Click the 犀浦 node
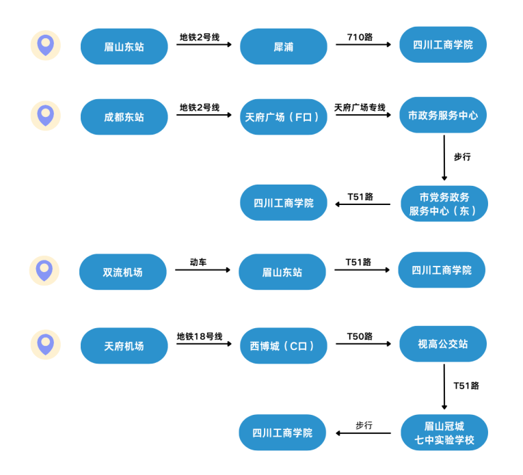[x=284, y=46]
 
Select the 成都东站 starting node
[x=124, y=117]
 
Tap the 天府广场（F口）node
[x=284, y=117]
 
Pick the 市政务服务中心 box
[x=443, y=115]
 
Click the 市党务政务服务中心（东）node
[x=444, y=204]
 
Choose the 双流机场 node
[x=123, y=271]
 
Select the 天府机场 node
[x=124, y=346]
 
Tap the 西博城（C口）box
[x=284, y=346]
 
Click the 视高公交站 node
[x=443, y=344]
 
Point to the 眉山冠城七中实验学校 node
[x=444, y=433]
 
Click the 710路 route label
[x=360, y=37]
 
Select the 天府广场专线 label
[x=360, y=107]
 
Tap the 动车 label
[x=198, y=262]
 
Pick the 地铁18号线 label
[x=200, y=336]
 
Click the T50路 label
[x=360, y=336]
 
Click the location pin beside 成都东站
[x=46, y=116]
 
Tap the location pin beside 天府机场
[x=46, y=344]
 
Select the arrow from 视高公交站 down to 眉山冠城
[x=444, y=387]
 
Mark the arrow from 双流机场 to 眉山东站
[x=203, y=270]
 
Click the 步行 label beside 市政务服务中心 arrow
[x=462, y=157]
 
